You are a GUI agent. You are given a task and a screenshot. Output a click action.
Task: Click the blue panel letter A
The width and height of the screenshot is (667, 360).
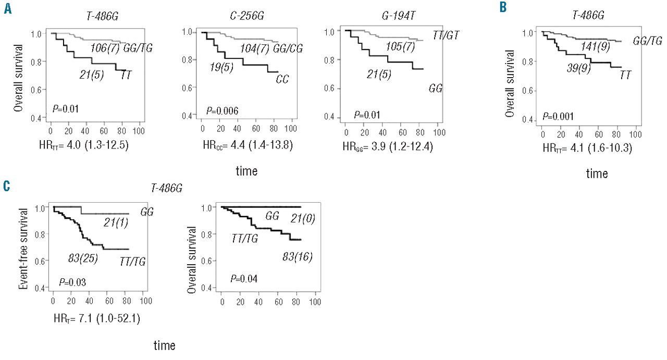coord(7,9)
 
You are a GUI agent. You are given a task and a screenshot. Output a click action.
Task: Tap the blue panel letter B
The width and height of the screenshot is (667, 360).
coord(502,7)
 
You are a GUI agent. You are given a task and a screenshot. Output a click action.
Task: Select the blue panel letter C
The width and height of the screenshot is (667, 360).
coord(7,187)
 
